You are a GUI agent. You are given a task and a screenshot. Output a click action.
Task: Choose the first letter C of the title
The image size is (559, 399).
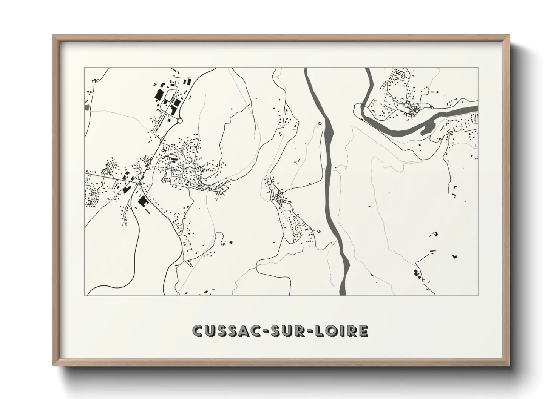click(198, 331)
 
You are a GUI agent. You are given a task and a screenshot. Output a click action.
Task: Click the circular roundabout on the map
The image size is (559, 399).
click(180, 121)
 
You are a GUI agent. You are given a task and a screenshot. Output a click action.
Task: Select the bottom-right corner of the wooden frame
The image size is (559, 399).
click(509, 365)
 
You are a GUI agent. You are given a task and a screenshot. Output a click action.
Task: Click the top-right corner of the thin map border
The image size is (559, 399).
click(478, 68)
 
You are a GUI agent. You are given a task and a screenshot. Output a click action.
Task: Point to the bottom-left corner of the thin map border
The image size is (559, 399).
click(85, 295)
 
